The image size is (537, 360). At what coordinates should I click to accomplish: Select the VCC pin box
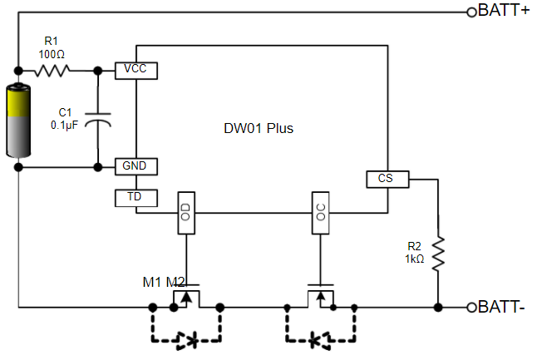[135, 69]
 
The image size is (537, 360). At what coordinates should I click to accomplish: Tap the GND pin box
[135, 166]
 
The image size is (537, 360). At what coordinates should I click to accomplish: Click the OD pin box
[186, 212]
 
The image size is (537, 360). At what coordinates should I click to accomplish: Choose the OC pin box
[320, 212]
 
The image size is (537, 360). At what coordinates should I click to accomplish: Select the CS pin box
[385, 178]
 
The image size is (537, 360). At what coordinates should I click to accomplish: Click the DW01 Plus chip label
[259, 129]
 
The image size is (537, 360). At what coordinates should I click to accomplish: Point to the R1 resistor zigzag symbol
[52, 70]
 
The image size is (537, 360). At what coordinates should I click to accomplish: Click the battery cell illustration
[18, 120]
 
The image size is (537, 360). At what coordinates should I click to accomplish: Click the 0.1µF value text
[65, 125]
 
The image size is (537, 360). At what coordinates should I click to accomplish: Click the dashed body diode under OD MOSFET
[186, 339]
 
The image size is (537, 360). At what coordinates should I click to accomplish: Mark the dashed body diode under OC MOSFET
[320, 339]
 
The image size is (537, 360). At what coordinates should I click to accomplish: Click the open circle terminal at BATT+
[472, 12]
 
